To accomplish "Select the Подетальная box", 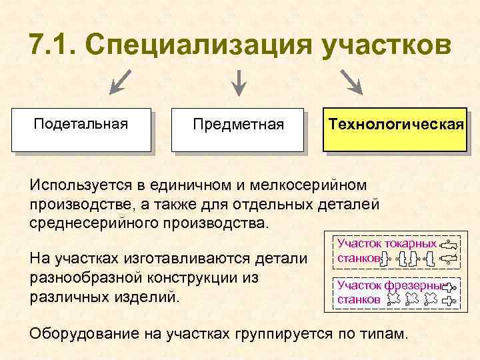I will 81,129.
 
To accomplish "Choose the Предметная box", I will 237,129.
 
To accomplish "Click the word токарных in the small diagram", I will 409,245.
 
